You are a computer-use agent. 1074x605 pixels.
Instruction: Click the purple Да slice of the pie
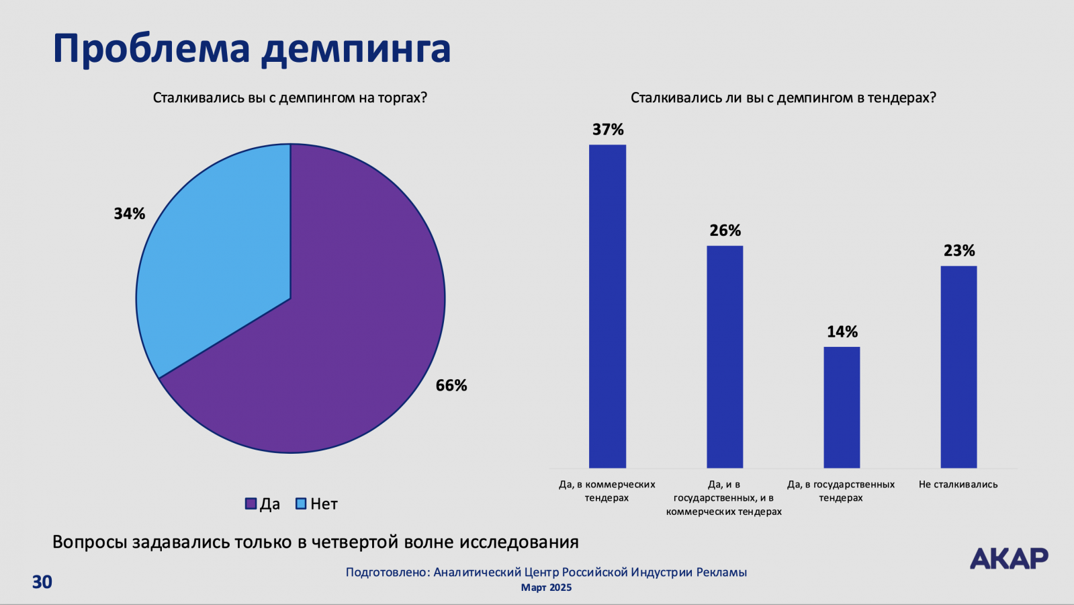[336, 336]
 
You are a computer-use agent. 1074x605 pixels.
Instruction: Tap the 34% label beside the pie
[129, 214]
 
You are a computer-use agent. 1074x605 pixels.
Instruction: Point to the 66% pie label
[451, 385]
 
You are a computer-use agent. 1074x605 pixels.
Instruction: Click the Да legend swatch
[251, 503]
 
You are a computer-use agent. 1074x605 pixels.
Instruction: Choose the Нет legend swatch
[302, 503]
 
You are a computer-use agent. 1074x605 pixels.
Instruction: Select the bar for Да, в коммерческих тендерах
[607, 306]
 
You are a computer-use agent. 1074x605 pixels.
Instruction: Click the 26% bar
[725, 356]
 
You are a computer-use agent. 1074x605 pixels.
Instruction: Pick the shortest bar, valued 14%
[842, 407]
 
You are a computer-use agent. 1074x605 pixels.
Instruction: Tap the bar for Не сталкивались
[958, 366]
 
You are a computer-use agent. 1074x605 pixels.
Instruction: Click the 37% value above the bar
[608, 130]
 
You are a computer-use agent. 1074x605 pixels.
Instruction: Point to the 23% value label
[958, 251]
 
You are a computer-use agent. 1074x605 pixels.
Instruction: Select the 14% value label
[842, 332]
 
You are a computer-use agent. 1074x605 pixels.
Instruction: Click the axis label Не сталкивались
[958, 484]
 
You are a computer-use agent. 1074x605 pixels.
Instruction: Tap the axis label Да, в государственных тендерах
[841, 491]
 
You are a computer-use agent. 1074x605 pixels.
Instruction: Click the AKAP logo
[1009, 558]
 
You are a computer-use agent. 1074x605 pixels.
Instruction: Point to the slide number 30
[42, 581]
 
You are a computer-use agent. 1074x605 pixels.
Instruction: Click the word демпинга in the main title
[356, 48]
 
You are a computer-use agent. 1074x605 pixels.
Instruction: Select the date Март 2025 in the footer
[546, 588]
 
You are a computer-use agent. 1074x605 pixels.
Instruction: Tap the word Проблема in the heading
[151, 48]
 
